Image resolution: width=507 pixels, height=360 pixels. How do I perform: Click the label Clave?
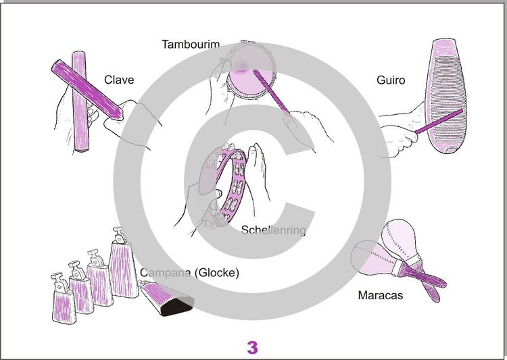[x=119, y=80]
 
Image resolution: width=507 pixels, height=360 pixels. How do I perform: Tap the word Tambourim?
[x=191, y=45]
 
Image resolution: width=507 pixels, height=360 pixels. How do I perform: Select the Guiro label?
[x=391, y=80]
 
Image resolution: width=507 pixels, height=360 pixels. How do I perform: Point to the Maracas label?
[x=380, y=295]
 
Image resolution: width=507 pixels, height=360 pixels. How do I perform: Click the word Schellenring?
[x=274, y=230]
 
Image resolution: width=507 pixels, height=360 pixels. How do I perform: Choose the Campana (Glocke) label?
[x=189, y=273]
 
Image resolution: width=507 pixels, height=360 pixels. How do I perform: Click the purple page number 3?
[x=253, y=348]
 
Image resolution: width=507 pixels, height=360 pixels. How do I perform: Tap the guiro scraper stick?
[x=439, y=122]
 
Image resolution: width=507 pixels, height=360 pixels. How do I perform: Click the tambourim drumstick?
[x=272, y=91]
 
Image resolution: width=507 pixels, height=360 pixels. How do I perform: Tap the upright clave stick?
[x=80, y=101]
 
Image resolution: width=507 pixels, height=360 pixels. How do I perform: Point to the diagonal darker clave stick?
[x=87, y=90]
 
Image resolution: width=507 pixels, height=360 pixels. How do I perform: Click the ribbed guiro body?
[x=445, y=96]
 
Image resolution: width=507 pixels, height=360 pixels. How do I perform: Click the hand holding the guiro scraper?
[x=399, y=132]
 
